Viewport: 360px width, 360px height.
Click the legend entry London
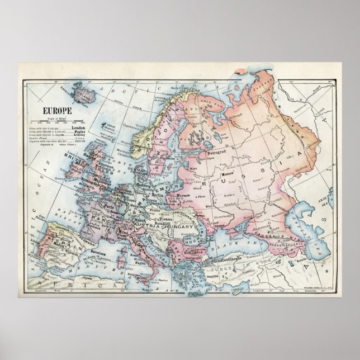82,127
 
